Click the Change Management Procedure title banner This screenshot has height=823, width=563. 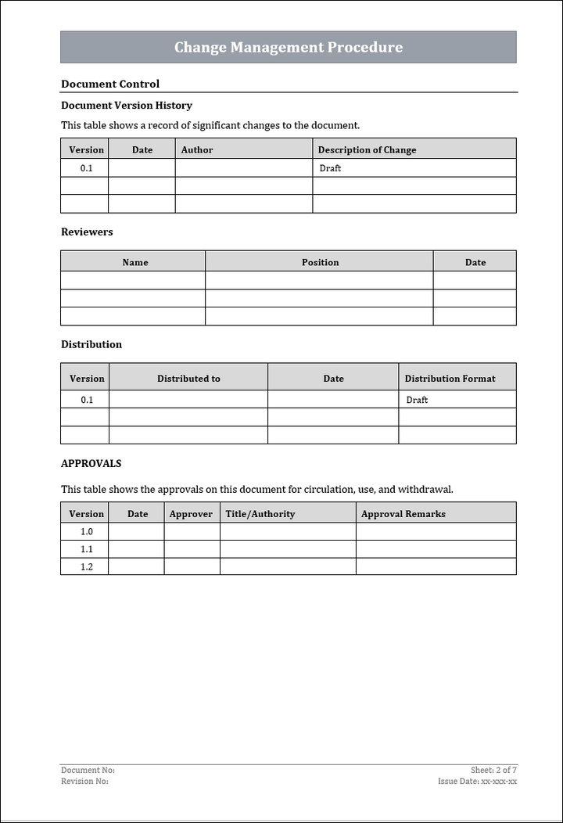click(x=288, y=47)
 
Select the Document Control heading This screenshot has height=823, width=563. click(x=110, y=84)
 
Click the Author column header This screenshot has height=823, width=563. click(x=197, y=149)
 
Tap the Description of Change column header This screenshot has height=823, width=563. click(x=367, y=149)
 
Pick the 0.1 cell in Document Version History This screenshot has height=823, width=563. click(x=86, y=168)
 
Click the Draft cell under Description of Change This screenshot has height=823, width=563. click(x=331, y=168)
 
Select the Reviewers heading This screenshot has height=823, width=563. click(x=87, y=232)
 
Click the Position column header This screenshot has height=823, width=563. click(x=320, y=262)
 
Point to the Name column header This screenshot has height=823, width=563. click(x=134, y=262)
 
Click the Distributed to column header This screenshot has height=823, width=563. click(x=188, y=378)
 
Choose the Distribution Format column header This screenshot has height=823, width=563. click(x=450, y=378)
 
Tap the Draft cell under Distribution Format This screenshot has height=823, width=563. click(x=417, y=400)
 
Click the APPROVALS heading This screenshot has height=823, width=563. click(x=91, y=463)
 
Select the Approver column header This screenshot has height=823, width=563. click(x=191, y=513)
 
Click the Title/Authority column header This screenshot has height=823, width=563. click(x=260, y=513)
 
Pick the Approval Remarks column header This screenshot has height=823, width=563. click(x=403, y=513)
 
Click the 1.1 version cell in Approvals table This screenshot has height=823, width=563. click(x=86, y=549)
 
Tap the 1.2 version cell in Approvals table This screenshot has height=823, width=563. click(x=86, y=566)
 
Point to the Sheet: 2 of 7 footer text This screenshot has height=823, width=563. click(x=493, y=770)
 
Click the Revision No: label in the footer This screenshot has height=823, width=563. click(x=84, y=781)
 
